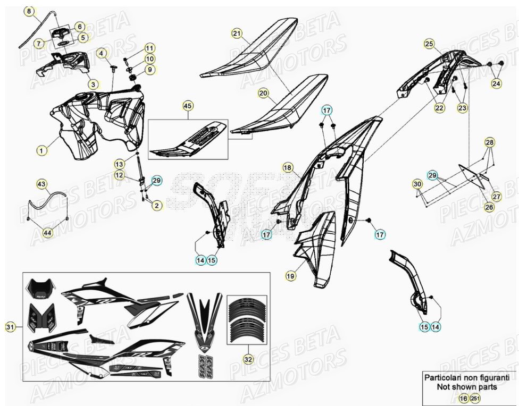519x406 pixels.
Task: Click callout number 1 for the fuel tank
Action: coord(41,150)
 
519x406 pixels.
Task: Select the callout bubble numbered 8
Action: coord(29,11)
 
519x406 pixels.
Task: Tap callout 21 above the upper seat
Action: coord(237,33)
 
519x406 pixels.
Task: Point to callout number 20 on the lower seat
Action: coord(263,93)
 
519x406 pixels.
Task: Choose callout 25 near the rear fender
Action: coord(429,44)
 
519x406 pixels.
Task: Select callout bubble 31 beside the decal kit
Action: coord(10,327)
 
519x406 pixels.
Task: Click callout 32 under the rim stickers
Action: coord(248,360)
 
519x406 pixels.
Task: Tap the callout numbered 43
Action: coord(41,184)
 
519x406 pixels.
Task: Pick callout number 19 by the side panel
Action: coord(290,276)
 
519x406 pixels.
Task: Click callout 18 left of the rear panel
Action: coord(288,168)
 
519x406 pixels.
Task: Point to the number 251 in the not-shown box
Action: coord(475,398)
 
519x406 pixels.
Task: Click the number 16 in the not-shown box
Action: coord(463,398)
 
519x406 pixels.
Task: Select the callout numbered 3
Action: coord(93,84)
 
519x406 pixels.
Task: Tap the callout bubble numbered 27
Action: coord(496,196)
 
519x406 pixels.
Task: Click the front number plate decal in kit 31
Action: coord(40,287)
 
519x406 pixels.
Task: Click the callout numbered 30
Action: coord(417,184)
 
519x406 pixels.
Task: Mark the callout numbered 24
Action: coord(496,83)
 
